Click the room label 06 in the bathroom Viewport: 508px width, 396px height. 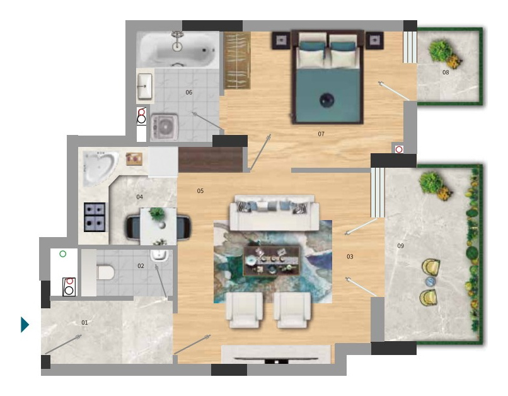coord(189,93)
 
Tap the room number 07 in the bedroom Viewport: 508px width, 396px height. coord(321,134)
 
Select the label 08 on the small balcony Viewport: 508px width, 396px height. coord(446,73)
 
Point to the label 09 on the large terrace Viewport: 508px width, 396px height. coord(400,246)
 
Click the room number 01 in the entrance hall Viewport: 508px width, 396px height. coord(84,322)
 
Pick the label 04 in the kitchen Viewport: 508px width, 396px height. coord(140,197)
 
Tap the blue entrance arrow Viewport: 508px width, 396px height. coord(25,325)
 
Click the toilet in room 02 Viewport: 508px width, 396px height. coord(105,272)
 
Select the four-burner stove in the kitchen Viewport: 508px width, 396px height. coord(95,217)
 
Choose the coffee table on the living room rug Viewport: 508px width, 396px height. coord(272,261)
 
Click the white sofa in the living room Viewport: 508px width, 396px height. coord(274,213)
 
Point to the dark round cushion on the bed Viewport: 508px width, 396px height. coord(327,100)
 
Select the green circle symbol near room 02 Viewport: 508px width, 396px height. coord(63,254)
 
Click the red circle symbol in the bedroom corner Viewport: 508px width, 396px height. coord(399,149)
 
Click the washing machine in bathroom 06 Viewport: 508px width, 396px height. coord(165,127)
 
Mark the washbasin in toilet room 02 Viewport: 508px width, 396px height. coord(159,255)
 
